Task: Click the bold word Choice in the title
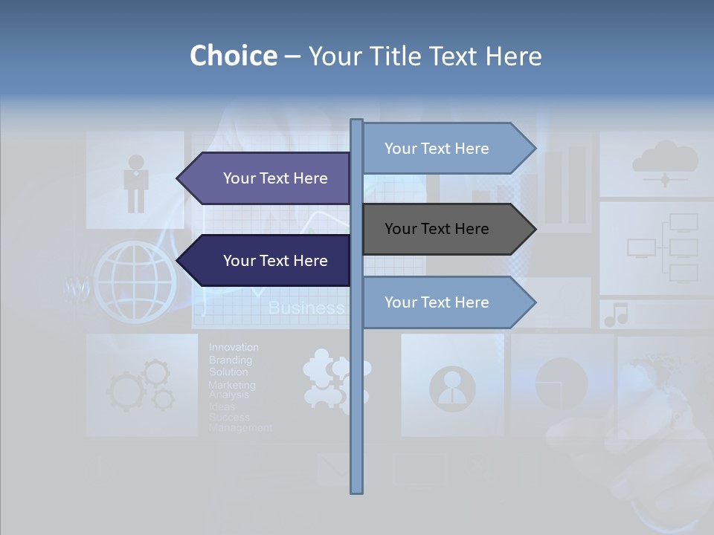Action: pos(233,56)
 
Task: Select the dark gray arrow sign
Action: pos(447,229)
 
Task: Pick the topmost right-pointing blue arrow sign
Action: pos(447,149)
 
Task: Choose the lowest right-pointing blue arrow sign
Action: pos(447,302)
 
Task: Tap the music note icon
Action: pos(616,315)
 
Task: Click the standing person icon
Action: pos(136,183)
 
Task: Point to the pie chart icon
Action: pos(561,383)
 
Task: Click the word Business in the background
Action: pos(306,308)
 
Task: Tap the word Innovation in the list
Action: pos(234,347)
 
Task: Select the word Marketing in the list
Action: pos(231,385)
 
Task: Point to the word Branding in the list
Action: pos(230,360)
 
